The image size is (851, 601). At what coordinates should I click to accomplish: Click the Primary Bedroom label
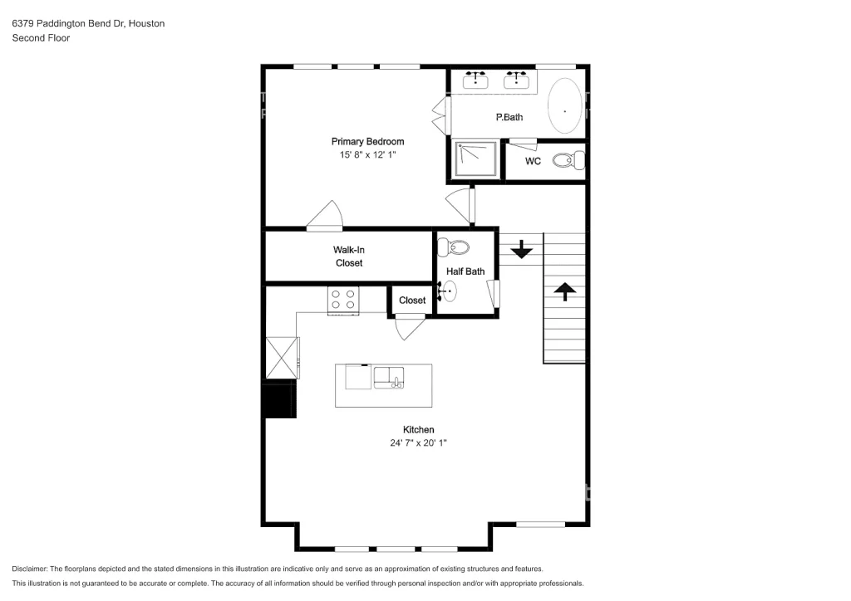click(x=367, y=141)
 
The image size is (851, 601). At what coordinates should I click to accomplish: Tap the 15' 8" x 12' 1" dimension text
click(x=367, y=155)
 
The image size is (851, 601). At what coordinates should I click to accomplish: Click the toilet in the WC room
click(x=568, y=160)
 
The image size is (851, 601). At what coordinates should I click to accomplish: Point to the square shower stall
click(x=476, y=159)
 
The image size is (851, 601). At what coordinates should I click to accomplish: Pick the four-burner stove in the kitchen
click(x=343, y=300)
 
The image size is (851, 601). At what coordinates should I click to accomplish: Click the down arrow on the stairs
click(x=522, y=249)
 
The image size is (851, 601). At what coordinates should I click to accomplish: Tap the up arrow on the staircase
click(x=565, y=291)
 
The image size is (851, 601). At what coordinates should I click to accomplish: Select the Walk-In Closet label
click(x=349, y=257)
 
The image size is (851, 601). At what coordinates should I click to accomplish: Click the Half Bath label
click(x=465, y=271)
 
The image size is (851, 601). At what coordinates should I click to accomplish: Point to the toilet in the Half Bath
click(x=454, y=247)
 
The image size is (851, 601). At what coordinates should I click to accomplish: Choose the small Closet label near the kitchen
click(x=412, y=300)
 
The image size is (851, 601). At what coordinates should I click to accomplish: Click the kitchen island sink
click(x=389, y=378)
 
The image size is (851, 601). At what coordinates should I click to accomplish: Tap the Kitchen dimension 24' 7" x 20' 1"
click(x=418, y=442)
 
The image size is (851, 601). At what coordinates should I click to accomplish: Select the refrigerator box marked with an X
click(x=282, y=358)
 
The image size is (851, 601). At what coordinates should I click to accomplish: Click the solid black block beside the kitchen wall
click(x=280, y=398)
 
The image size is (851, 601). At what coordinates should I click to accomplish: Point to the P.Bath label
click(x=509, y=117)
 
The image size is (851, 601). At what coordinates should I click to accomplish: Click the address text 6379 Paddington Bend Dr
click(x=69, y=23)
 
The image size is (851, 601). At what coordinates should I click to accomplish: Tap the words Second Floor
click(x=41, y=38)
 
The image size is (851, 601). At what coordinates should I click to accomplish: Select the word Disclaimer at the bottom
click(x=29, y=569)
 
